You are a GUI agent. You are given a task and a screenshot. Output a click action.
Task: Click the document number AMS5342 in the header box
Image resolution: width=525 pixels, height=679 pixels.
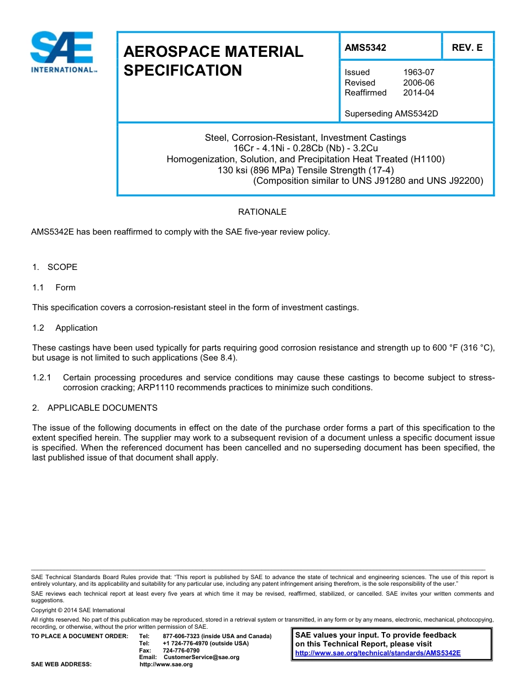365,47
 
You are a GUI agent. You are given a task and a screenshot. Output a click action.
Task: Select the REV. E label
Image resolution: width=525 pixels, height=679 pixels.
467,47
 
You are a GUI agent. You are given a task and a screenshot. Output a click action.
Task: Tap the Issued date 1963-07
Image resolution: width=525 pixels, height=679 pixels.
418,72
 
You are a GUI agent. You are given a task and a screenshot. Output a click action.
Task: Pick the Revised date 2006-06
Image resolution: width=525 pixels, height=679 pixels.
418,83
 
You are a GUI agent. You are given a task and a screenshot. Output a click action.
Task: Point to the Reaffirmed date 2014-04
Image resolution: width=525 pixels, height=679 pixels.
418,93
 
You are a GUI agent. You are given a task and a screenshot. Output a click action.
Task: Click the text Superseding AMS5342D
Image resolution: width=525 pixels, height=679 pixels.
391,114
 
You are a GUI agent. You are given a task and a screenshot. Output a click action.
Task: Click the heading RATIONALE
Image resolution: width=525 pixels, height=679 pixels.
262,212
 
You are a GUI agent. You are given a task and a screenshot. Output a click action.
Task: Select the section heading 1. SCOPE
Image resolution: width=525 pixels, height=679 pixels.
55,267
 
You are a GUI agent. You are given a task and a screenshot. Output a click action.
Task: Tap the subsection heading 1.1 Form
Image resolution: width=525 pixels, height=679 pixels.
54,288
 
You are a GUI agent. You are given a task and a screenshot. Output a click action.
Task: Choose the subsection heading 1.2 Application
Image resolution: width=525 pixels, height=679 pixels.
65,328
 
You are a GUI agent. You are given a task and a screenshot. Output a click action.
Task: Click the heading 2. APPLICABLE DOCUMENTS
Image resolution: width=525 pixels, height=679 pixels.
95,408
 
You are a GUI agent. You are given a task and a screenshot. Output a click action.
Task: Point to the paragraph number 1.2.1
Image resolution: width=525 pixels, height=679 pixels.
41,378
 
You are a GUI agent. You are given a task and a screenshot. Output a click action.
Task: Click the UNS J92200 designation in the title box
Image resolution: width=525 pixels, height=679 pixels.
456,181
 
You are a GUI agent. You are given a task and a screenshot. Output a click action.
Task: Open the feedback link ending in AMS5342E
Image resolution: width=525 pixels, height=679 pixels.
377,653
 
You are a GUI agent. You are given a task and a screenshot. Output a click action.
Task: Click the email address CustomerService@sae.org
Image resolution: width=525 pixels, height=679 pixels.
202,657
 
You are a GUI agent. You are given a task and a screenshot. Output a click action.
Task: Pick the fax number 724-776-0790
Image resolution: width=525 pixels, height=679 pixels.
181,650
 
